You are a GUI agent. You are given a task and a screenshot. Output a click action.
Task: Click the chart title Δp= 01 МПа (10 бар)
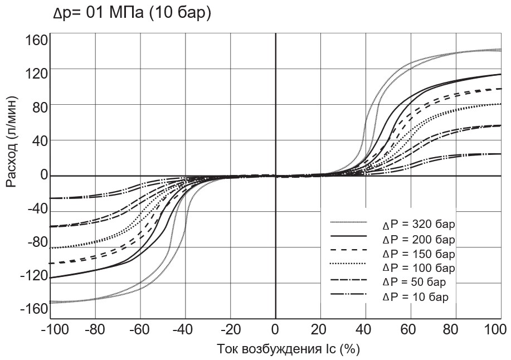[x=132, y=13]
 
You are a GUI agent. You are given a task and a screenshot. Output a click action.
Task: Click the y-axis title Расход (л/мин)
[x=12, y=142]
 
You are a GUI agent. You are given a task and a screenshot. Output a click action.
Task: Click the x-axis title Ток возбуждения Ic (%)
[x=288, y=349]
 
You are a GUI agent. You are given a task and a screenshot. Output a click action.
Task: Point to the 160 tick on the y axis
[x=36, y=41]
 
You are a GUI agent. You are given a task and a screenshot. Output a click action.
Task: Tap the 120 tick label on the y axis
[x=36, y=73]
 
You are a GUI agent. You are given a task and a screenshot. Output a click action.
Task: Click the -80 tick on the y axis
[x=35, y=242]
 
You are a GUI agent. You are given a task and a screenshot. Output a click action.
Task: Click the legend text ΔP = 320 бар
[x=418, y=225]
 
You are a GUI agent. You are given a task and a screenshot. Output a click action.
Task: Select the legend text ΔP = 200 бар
[x=418, y=240]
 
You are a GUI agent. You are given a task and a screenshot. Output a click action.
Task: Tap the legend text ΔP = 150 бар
[x=418, y=254]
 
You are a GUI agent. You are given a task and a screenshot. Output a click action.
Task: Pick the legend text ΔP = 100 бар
[x=418, y=268]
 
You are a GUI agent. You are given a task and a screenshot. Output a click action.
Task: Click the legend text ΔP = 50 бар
[x=415, y=282]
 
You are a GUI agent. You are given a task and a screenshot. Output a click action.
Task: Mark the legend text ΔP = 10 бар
[x=415, y=296]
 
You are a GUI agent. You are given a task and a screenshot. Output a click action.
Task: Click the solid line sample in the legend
[x=348, y=236]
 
